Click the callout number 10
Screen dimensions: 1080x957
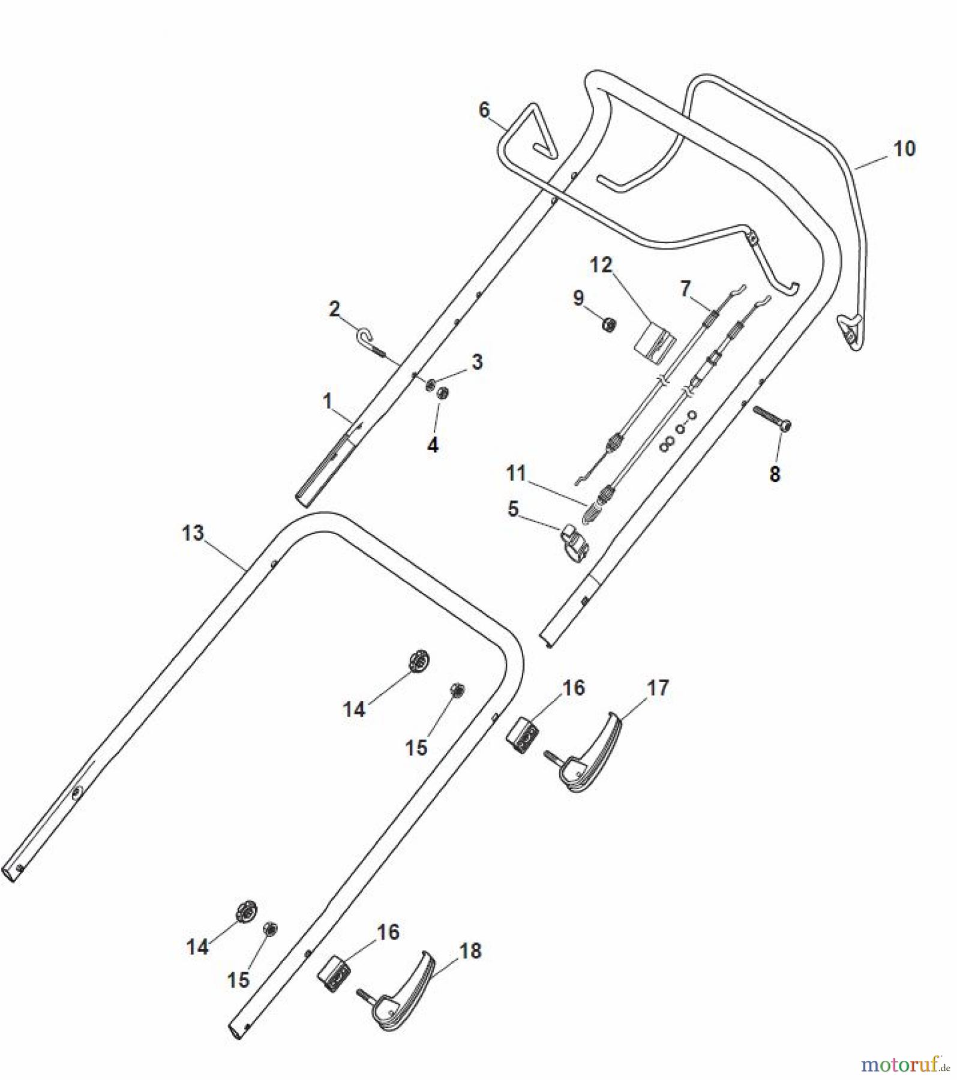(904, 148)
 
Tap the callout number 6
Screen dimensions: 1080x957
(484, 110)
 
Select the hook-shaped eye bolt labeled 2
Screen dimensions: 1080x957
(368, 338)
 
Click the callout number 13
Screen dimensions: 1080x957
(193, 533)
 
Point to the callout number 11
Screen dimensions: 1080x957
(515, 474)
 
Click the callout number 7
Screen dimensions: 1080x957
(685, 289)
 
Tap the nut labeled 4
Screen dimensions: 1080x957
(443, 394)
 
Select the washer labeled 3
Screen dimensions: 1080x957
(431, 385)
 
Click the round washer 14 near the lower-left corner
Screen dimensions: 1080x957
(247, 911)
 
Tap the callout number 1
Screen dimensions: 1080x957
(327, 401)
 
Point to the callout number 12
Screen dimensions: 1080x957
(601, 265)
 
